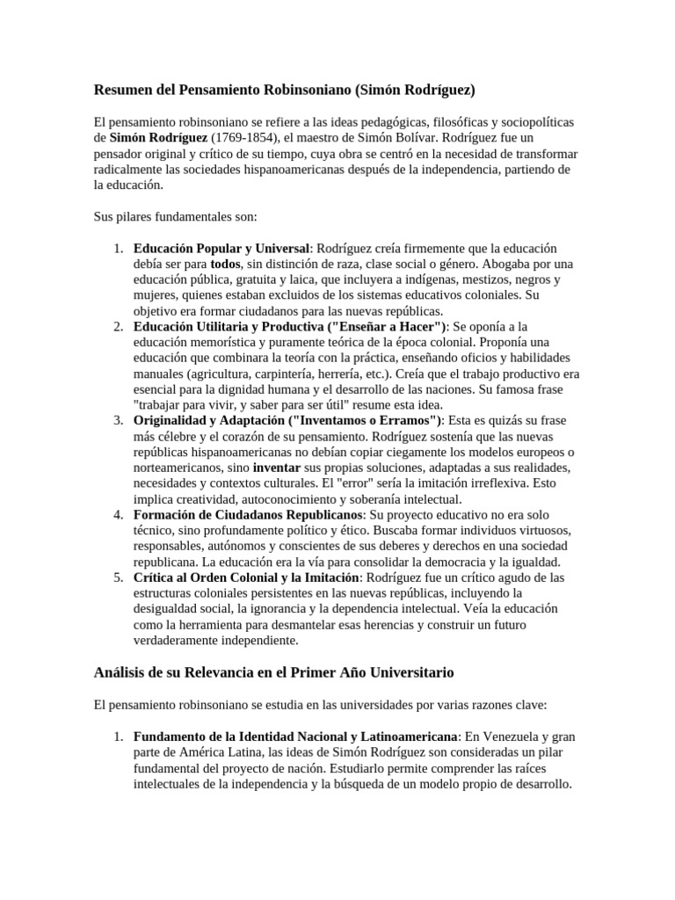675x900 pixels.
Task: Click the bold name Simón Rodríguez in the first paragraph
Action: tap(159, 138)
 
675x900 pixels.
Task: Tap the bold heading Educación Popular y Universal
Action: tap(221, 249)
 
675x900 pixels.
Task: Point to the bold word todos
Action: tap(225, 265)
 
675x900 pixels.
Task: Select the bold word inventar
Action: tap(277, 467)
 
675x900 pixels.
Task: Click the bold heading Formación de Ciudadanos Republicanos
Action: tap(248, 513)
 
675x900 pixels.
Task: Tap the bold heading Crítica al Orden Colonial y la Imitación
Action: tap(247, 577)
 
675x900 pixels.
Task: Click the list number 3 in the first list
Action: tap(118, 419)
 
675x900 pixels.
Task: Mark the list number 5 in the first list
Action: tap(118, 577)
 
